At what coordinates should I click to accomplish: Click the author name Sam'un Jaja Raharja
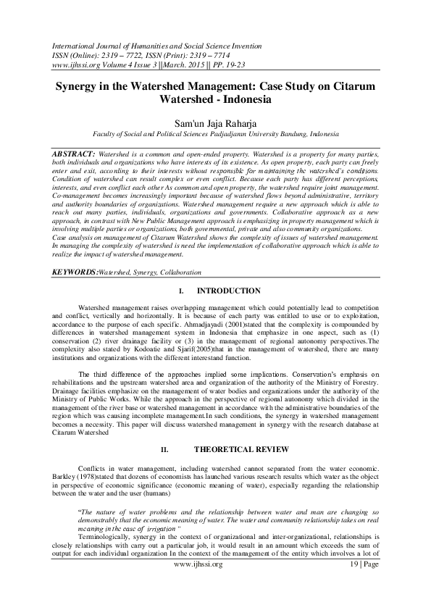[215, 123]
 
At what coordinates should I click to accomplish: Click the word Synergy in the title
[83, 85]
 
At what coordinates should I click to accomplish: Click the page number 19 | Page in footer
[364, 584]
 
